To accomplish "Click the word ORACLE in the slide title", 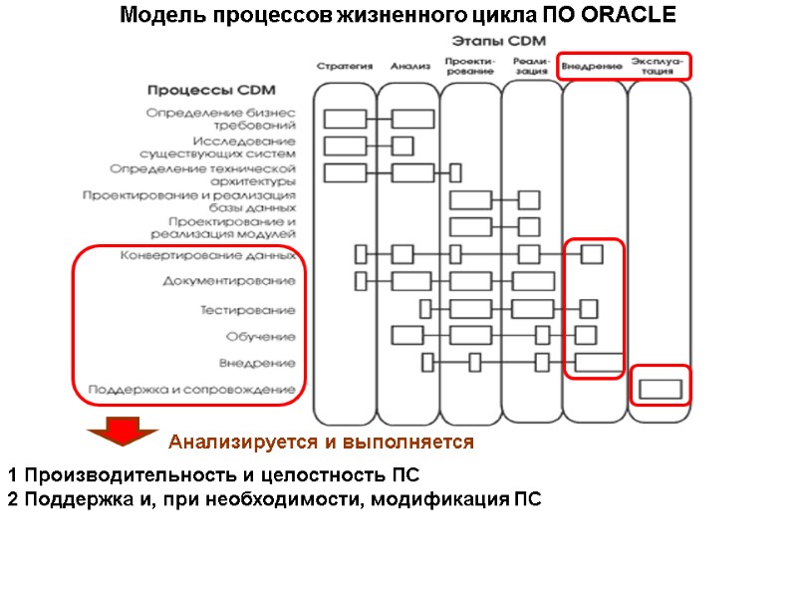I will coord(631,16).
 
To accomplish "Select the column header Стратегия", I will coord(345,67).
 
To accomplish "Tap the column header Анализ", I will coord(409,67).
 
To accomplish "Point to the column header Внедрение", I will coord(592,67).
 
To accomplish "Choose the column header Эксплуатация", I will coord(657,66).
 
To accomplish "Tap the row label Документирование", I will coord(229,282).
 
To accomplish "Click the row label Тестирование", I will coord(247,310).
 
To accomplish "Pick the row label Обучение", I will coord(260,336).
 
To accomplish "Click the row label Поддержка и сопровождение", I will coord(191,389).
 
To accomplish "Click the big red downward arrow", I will coord(122,435).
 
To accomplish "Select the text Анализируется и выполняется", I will coord(321,441).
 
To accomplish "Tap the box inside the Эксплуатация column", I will coord(660,388).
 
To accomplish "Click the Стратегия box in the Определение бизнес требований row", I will coord(345,119).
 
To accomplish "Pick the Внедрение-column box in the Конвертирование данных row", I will coord(592,254).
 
